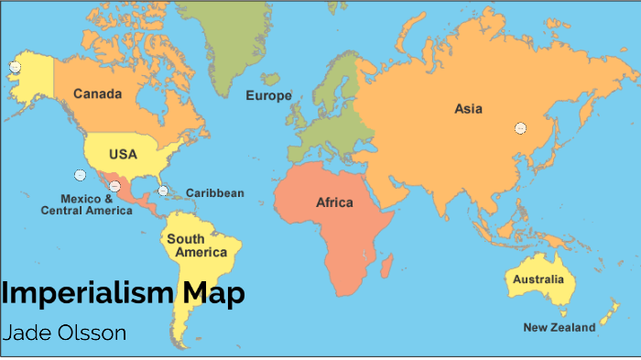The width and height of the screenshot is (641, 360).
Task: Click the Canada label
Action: tap(98, 93)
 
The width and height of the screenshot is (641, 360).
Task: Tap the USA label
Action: tap(123, 154)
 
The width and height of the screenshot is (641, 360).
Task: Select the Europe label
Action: tap(268, 96)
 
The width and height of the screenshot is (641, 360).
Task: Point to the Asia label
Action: tap(468, 109)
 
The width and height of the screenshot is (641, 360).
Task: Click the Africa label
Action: tap(334, 202)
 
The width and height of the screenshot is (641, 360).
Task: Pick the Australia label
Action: tap(538, 278)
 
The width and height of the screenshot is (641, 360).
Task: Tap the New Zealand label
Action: tap(559, 327)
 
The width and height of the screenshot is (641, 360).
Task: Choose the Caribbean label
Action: tap(215, 193)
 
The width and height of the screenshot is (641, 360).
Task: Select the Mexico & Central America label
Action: tap(86, 204)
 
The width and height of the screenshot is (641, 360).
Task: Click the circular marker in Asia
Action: tap(520, 128)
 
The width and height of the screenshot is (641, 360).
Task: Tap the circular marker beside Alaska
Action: tap(15, 67)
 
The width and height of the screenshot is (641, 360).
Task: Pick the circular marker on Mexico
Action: tap(114, 186)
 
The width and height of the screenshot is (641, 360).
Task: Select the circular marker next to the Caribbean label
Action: tap(163, 191)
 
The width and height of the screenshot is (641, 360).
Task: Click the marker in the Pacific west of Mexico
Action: tap(80, 174)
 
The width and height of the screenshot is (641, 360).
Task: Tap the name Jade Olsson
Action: tap(64, 331)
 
